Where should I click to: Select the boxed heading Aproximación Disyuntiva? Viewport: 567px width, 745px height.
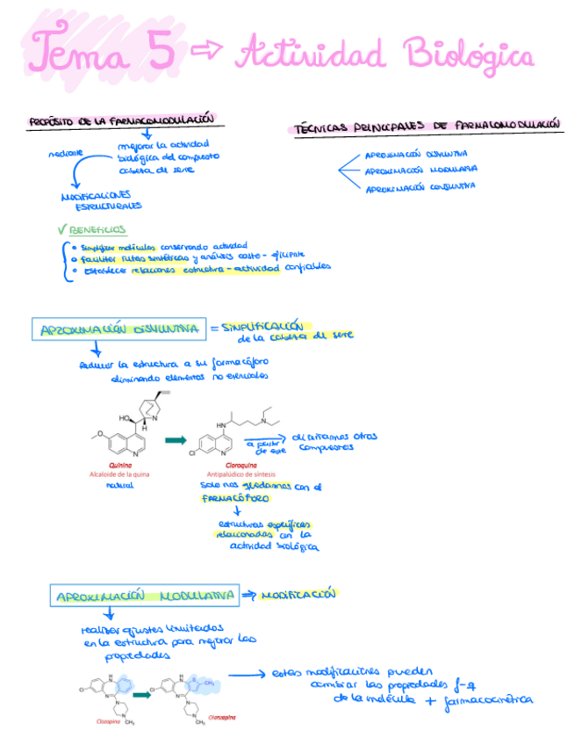(x=118, y=329)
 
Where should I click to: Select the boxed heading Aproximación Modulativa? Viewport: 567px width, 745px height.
(x=146, y=596)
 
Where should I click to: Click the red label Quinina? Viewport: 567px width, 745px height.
(x=120, y=463)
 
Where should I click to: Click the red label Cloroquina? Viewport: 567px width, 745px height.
(x=224, y=463)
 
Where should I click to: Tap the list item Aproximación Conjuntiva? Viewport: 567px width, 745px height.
(x=420, y=187)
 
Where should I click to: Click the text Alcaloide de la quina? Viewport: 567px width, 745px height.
(x=120, y=473)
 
